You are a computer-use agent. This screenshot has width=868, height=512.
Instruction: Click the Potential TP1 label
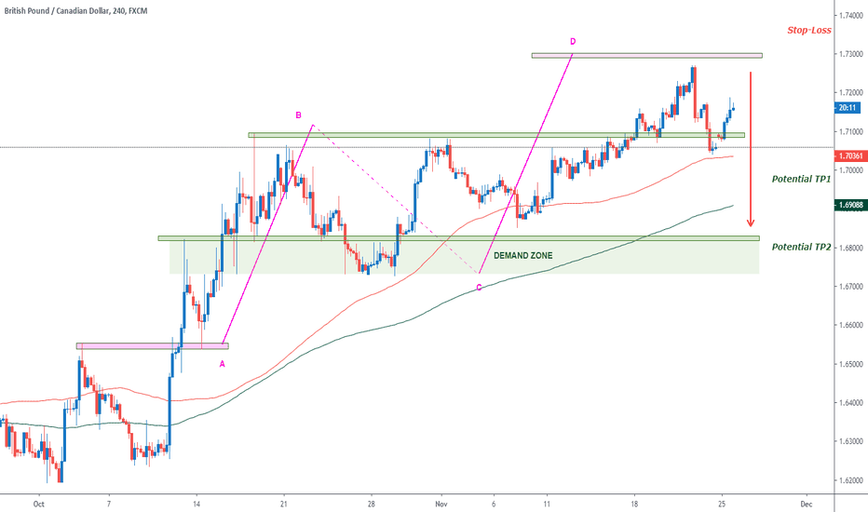pyautogui.click(x=800, y=178)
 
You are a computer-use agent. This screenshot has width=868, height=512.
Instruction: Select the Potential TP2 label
pyautogui.click(x=800, y=246)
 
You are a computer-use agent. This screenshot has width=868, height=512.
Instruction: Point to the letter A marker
pyautogui.click(x=222, y=364)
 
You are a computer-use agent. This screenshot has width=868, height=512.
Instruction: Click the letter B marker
pyautogui.click(x=298, y=115)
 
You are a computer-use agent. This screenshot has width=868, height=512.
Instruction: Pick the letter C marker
pyautogui.click(x=479, y=288)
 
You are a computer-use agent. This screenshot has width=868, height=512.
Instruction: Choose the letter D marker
pyautogui.click(x=573, y=41)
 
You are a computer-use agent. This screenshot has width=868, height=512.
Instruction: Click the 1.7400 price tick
pyautogui.click(x=849, y=16)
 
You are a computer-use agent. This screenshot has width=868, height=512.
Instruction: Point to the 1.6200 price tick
pyautogui.click(x=849, y=480)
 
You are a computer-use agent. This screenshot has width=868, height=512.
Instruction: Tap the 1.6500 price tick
pyautogui.click(x=849, y=364)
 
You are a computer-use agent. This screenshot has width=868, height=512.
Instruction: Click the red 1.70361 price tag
pyautogui.click(x=849, y=156)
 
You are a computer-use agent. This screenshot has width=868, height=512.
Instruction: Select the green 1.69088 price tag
pyautogui.click(x=849, y=206)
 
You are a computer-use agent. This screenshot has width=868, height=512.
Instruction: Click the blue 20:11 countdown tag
pyautogui.click(x=849, y=108)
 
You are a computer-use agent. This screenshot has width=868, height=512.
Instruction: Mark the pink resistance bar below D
pyautogui.click(x=646, y=56)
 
